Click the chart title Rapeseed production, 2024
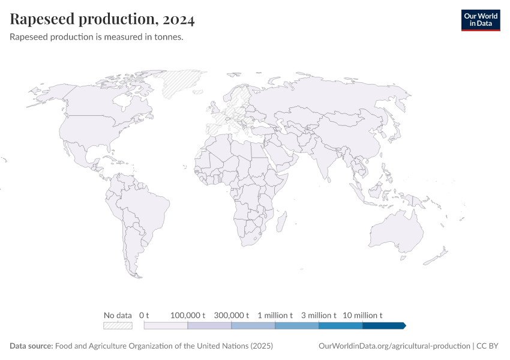(102, 20)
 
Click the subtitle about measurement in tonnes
(97, 37)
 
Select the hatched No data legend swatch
(118, 325)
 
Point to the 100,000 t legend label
(188, 315)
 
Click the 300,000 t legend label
(232, 315)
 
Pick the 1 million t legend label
(275, 315)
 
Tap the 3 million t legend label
(319, 315)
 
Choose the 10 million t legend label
(362, 315)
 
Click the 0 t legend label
(144, 315)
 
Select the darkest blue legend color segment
(383, 325)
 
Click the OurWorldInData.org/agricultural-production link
(394, 346)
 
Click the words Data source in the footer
(31, 346)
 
